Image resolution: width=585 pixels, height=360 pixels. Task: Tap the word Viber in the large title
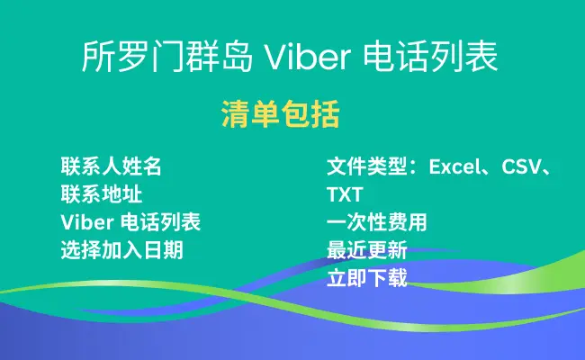pyautogui.click(x=307, y=57)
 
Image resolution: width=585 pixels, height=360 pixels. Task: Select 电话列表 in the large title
pyautogui.click(x=430, y=57)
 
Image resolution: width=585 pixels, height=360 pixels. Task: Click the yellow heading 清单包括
pyautogui.click(x=281, y=114)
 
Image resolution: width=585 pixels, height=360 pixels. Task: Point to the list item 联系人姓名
pyautogui.click(x=112, y=166)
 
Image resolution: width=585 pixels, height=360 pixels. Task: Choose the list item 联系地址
pyautogui.click(x=102, y=194)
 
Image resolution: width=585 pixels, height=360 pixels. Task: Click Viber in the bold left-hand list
pyautogui.click(x=87, y=222)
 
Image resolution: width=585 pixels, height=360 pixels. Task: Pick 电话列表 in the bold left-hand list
pyautogui.click(x=161, y=222)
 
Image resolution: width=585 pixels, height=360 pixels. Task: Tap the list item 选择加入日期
pyautogui.click(x=122, y=250)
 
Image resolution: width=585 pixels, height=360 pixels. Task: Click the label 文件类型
pyautogui.click(x=366, y=166)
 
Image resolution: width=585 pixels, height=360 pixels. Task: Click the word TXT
pyautogui.click(x=345, y=194)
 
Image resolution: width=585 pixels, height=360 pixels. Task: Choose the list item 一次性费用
pyautogui.click(x=377, y=222)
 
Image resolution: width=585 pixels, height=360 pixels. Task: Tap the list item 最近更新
pyautogui.click(x=366, y=250)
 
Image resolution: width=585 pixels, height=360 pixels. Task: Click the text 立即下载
pyautogui.click(x=366, y=278)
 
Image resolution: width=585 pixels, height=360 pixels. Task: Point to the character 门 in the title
pyautogui.click(x=167, y=57)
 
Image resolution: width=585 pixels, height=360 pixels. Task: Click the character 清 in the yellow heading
pyautogui.click(x=236, y=114)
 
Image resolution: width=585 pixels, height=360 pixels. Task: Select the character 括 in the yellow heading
pyautogui.click(x=326, y=114)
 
